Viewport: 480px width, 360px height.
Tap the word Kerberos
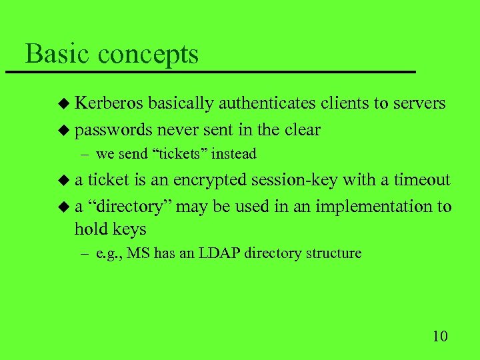[109, 103]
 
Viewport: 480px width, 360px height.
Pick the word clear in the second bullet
[302, 130]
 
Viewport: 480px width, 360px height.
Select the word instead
[235, 154]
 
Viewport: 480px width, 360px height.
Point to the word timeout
[421, 180]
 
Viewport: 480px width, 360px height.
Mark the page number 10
[439, 335]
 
